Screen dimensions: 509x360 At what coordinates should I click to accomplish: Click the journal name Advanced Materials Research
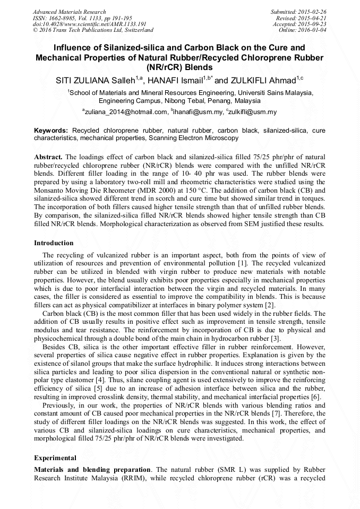69,12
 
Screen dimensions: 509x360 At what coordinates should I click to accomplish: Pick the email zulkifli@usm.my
253,112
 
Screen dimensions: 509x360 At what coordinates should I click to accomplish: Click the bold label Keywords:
52,130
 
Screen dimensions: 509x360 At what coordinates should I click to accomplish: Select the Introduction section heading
54,243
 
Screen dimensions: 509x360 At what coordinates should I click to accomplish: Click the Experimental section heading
55,458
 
